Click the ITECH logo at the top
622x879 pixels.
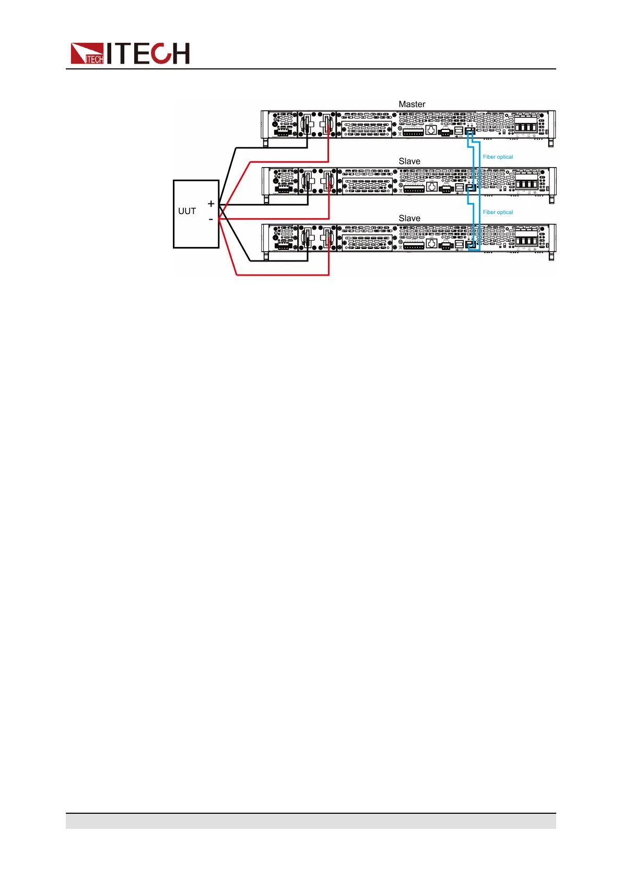[130, 53]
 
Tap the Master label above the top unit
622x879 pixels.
[412, 104]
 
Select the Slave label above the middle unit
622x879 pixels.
[409, 161]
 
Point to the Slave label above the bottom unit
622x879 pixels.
[409, 218]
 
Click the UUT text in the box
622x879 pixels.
[187, 211]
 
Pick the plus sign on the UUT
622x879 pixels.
[211, 204]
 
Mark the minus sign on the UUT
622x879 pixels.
[211, 219]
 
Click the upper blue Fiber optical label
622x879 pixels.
[498, 157]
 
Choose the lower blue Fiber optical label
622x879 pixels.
[498, 212]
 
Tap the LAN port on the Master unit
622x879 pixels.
[431, 129]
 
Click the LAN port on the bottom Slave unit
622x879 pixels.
[431, 243]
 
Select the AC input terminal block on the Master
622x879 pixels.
[526, 126]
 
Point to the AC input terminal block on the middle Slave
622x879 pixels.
[526, 183]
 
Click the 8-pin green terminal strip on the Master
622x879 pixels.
[413, 133]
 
